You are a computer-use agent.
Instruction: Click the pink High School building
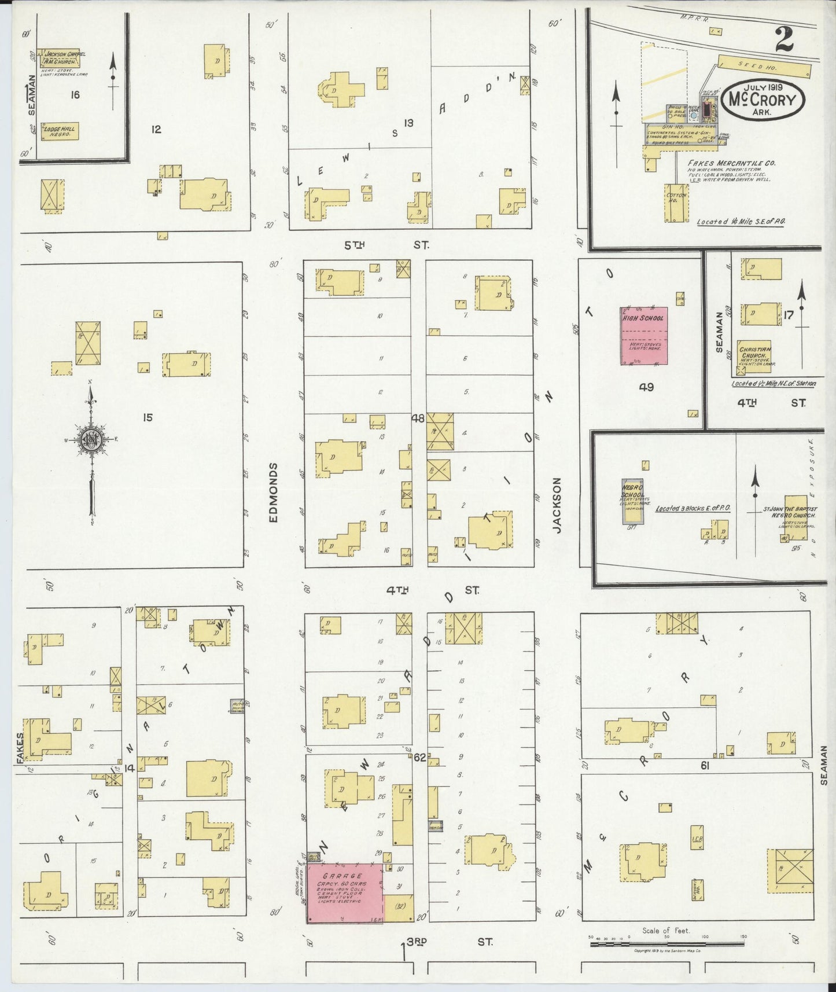[644, 336]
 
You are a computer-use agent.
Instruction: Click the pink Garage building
[344, 892]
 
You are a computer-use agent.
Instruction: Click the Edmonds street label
[274, 493]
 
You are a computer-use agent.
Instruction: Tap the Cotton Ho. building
[677, 203]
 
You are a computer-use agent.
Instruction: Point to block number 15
[148, 417]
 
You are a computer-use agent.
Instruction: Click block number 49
[646, 387]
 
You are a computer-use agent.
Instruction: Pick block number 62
[419, 756]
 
